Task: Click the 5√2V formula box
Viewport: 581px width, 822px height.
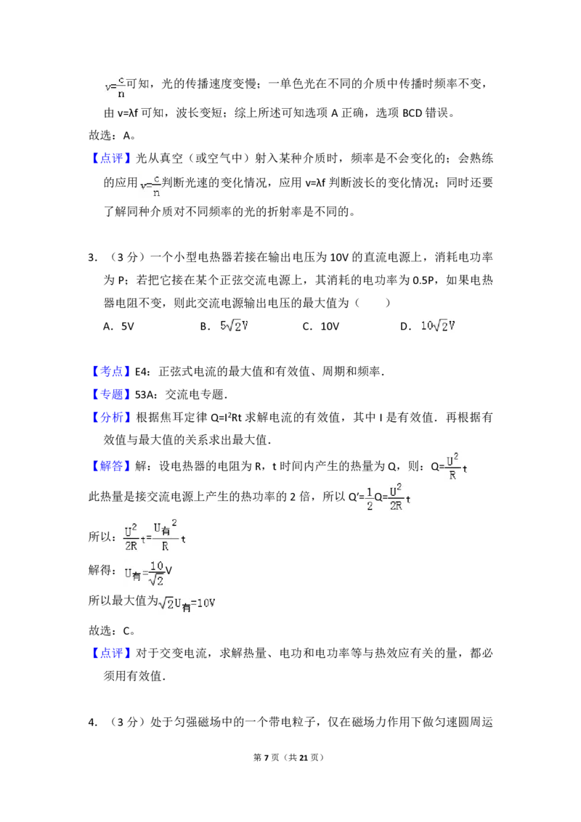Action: [x=232, y=325]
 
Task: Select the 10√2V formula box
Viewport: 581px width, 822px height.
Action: [x=439, y=326]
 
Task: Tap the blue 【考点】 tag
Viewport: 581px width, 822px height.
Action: [x=112, y=370]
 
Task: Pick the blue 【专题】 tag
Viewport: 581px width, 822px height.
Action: [x=112, y=394]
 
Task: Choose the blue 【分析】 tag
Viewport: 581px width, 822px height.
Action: [x=112, y=417]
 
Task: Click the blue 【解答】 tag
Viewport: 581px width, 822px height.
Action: [x=112, y=467]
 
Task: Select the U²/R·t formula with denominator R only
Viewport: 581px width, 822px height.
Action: [x=455, y=465]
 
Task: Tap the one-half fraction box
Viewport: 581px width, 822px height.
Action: [x=369, y=497]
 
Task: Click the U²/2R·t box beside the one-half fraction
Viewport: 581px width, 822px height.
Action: [x=397, y=497]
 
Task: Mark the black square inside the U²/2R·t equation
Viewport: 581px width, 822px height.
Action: [x=149, y=538]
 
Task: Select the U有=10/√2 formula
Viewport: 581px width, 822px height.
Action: [x=145, y=572]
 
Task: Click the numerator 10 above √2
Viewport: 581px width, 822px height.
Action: [x=158, y=566]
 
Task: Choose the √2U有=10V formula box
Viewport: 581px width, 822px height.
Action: [x=189, y=604]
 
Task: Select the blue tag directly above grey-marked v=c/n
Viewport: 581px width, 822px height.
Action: [x=112, y=159]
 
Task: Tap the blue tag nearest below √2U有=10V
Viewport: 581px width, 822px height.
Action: [x=112, y=654]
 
